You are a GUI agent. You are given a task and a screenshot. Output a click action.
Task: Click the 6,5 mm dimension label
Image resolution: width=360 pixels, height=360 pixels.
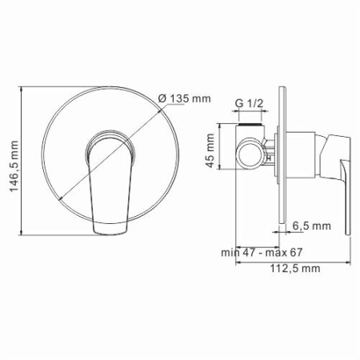[x=312, y=226]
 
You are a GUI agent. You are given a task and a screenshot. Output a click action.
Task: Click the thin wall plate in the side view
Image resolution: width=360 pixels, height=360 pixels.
[x=280, y=160]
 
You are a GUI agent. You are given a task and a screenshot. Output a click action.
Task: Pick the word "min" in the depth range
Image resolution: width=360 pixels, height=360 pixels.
[x=230, y=252]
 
